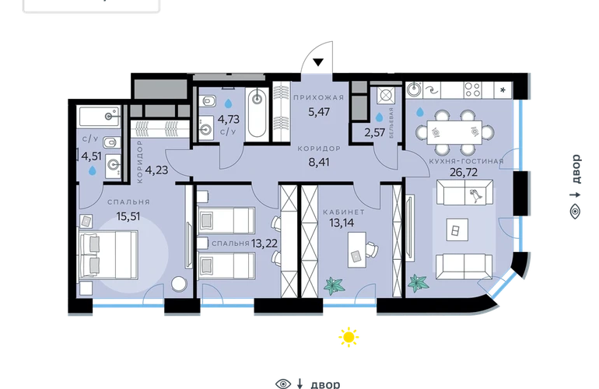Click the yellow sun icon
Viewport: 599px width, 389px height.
(x=349, y=337)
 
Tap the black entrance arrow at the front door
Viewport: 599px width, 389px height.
(x=318, y=62)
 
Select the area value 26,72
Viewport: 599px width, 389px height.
(x=464, y=173)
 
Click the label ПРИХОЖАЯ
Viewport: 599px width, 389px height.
(x=319, y=97)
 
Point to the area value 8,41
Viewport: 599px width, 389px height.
(x=319, y=163)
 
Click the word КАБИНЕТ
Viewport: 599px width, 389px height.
(x=344, y=212)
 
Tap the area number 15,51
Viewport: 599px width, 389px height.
(x=128, y=216)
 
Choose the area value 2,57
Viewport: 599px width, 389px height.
(x=374, y=132)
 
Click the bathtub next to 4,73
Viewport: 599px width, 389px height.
(x=257, y=114)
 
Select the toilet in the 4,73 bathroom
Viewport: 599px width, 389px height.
(x=208, y=102)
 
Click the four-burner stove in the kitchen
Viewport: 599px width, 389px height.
(x=472, y=90)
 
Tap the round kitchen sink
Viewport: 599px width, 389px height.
(x=413, y=89)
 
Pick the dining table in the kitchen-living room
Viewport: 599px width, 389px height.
(x=454, y=132)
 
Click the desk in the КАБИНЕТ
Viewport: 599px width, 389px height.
(x=357, y=250)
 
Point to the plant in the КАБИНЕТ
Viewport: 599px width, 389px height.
(x=335, y=286)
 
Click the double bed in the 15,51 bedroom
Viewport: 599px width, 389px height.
(x=108, y=254)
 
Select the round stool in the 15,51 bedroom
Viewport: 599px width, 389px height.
(x=179, y=283)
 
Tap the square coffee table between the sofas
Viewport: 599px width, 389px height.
(x=457, y=230)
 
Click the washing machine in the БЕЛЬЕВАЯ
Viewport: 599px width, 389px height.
(x=385, y=95)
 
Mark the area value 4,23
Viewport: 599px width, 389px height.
(x=156, y=170)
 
